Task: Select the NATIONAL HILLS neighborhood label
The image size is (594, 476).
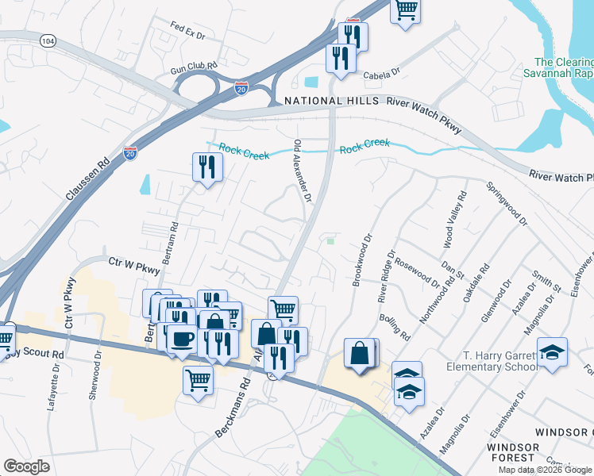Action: pos(332,102)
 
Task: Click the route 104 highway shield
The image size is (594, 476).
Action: pos(49,40)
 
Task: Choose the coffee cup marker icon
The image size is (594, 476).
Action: pos(182,339)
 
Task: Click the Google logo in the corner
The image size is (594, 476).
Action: pos(27,466)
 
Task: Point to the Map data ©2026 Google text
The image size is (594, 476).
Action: pos(545,469)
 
